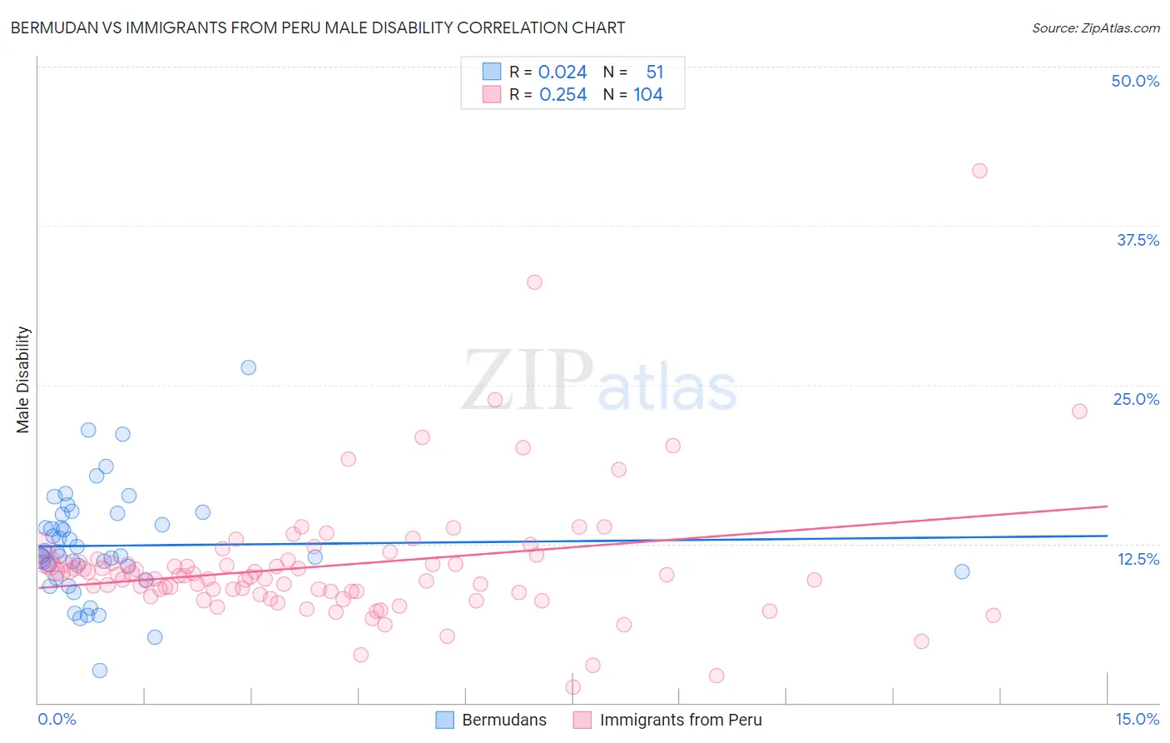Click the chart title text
pos(317,27)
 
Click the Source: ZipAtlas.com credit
pos(1095,28)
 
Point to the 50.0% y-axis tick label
pos(1135,81)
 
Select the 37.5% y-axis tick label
pos(1138,240)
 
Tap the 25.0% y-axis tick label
pos(1136,399)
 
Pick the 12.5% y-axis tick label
pos(1138,559)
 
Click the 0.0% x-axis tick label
pos(57,719)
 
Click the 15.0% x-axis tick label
pos(1137,719)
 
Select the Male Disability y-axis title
pos(22,379)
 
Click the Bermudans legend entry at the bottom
pos(492,720)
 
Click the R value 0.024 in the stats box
pos(563,72)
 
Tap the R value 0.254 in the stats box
pos(563,95)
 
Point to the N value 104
pos(648,95)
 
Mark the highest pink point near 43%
pos(979,171)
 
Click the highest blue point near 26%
pos(248,367)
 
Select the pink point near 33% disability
pos(534,282)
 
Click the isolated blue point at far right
pos(962,571)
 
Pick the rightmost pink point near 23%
pos(1079,411)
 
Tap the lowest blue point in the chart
pos(100,671)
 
